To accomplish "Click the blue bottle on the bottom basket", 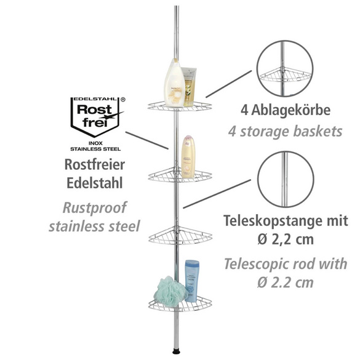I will point(193,280).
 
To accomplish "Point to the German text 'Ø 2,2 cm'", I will point(285,239).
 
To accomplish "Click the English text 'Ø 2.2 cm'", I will point(285,284).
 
